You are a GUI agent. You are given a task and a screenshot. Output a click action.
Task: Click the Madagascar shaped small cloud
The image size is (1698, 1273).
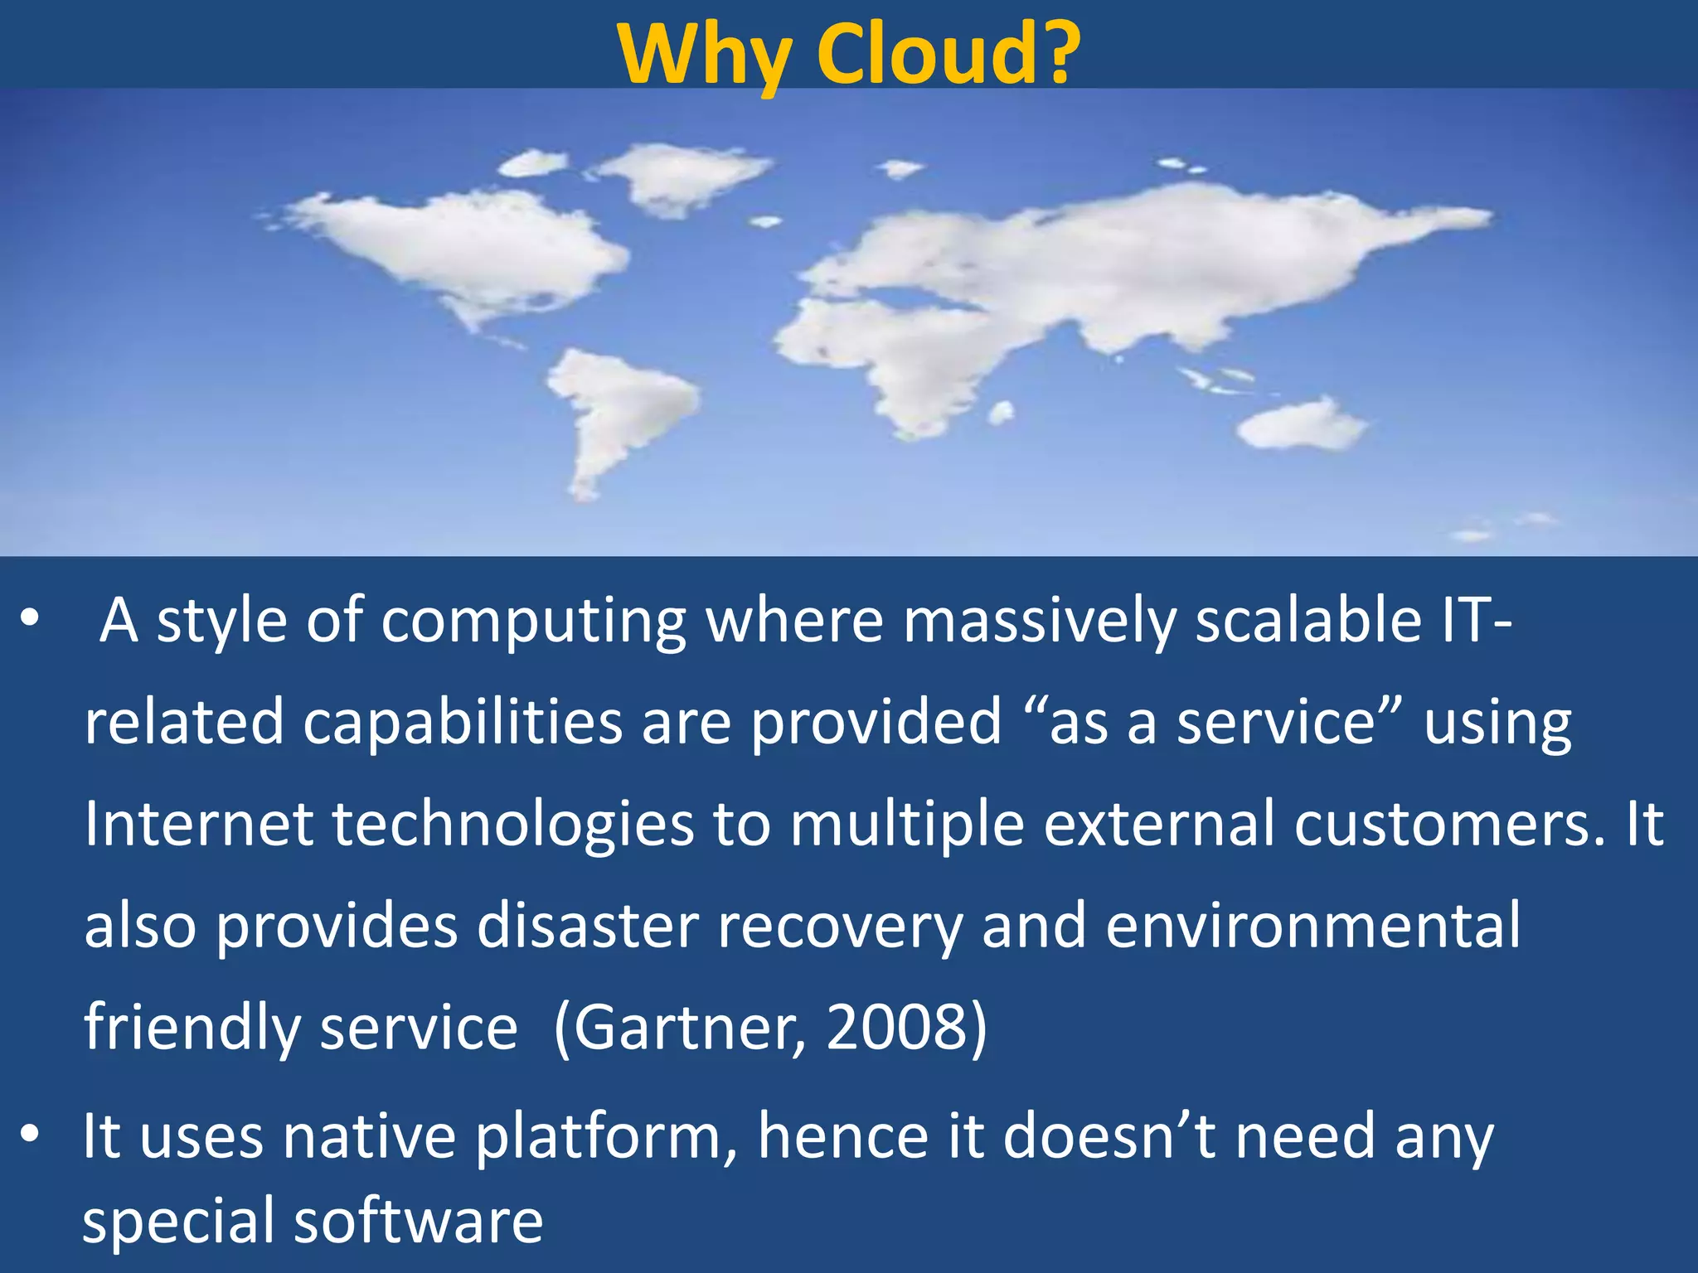[1002, 412]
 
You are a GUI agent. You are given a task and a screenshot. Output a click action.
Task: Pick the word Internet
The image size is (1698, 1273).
[199, 824]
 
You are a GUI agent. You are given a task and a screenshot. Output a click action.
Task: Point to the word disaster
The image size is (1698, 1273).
[588, 926]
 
